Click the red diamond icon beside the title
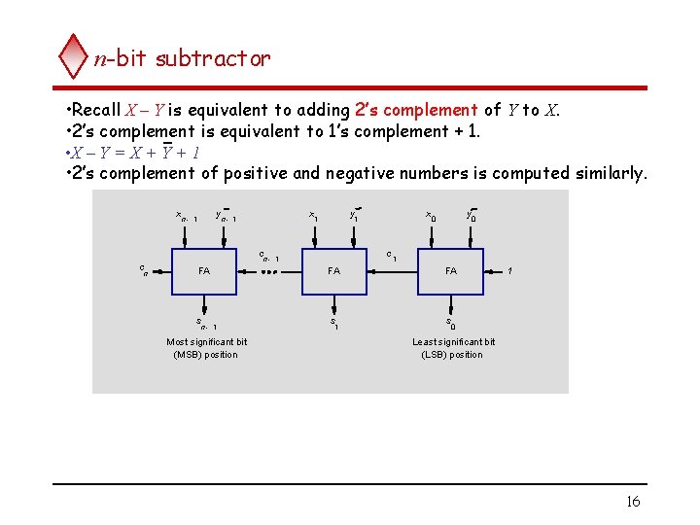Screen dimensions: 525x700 click(73, 56)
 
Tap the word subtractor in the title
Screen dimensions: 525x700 click(213, 58)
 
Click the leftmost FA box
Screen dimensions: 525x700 click(204, 271)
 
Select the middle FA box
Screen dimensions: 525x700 click(333, 271)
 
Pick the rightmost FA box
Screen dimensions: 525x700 click(451, 271)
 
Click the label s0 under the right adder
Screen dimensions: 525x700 click(450, 323)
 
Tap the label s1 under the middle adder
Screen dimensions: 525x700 click(333, 323)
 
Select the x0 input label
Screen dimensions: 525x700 click(431, 215)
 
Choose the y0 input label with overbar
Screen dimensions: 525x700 click(471, 215)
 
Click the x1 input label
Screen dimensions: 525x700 click(313, 215)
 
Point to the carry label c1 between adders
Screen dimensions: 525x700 click(391, 256)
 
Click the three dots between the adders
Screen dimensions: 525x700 click(270, 272)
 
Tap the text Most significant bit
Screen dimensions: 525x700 click(206, 342)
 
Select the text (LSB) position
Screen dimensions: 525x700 click(452, 355)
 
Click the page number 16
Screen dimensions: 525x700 click(633, 502)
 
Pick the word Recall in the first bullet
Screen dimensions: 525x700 click(95, 110)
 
